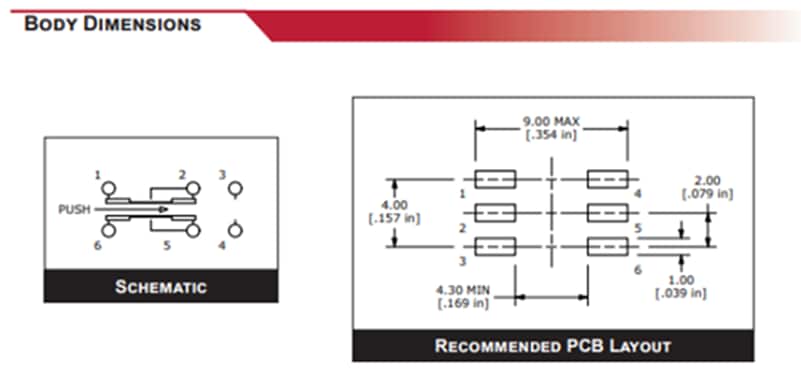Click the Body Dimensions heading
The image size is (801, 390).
[111, 23]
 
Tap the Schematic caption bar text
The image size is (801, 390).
[161, 287]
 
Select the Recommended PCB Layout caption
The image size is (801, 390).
[553, 346]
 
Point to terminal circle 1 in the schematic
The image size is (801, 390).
[108, 188]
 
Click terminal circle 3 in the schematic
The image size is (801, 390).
[235, 188]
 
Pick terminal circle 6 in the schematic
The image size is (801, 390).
[108, 231]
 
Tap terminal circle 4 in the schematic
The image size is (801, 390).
[235, 231]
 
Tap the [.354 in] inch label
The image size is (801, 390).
[551, 135]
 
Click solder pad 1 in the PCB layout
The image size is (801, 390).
[494, 180]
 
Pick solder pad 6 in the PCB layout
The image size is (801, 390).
[607, 246]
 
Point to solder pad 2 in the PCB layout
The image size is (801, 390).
[494, 213]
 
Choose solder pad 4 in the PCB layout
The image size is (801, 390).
[607, 180]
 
